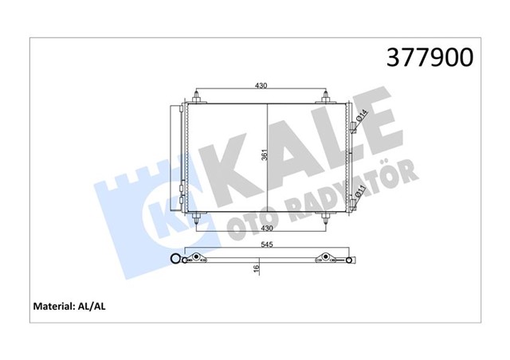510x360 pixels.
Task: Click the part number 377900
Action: point(430,57)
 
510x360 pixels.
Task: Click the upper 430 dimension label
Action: point(260,85)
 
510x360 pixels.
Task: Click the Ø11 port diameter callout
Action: point(360,190)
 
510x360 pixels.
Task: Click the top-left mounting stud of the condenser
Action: point(196,100)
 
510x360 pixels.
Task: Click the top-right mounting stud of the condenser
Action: point(325,100)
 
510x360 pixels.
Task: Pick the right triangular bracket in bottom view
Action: point(325,257)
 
